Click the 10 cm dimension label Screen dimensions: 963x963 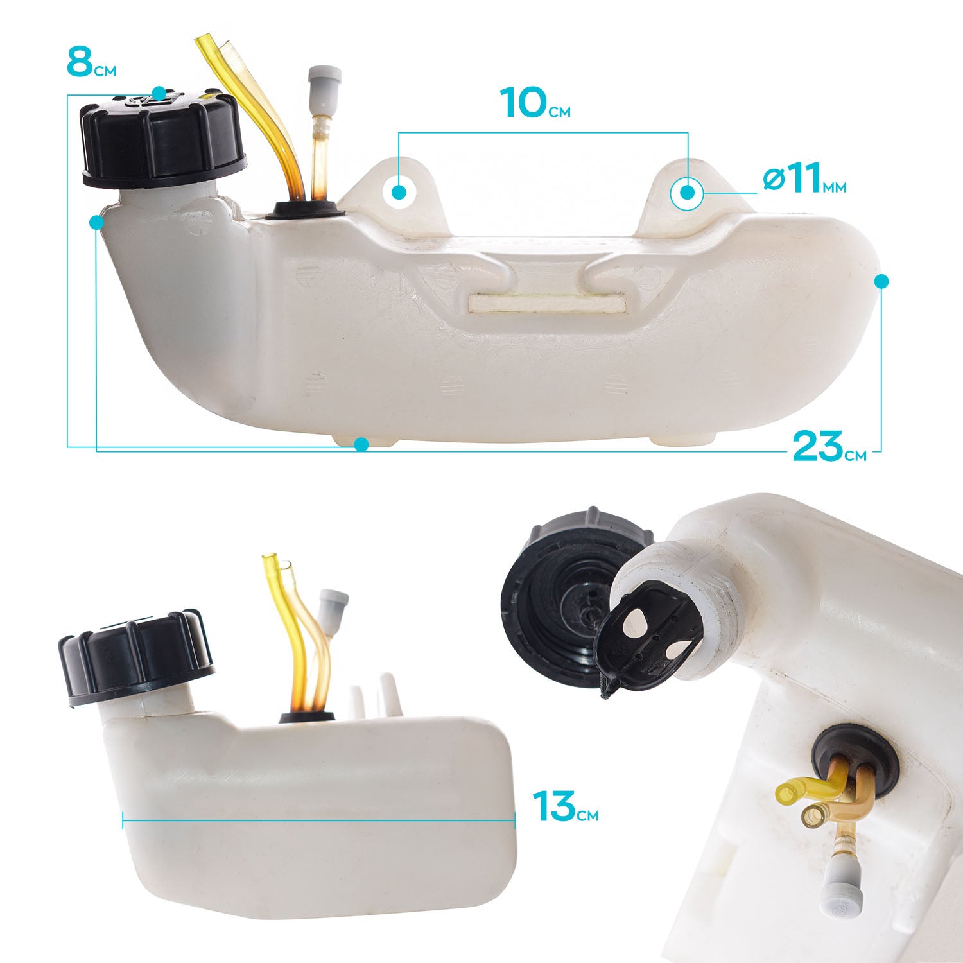[535, 103]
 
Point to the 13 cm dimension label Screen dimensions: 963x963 [566, 807]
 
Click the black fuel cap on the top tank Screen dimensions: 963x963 [162, 139]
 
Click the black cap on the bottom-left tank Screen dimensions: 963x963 [135, 655]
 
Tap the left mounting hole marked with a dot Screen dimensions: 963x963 [399, 191]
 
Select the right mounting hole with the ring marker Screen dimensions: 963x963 [688, 192]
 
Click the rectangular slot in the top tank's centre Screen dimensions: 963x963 [547, 302]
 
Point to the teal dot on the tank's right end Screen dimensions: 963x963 [881, 281]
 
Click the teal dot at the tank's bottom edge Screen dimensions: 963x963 [361, 444]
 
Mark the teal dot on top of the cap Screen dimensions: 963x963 [159, 94]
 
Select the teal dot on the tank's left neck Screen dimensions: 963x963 [97, 222]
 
